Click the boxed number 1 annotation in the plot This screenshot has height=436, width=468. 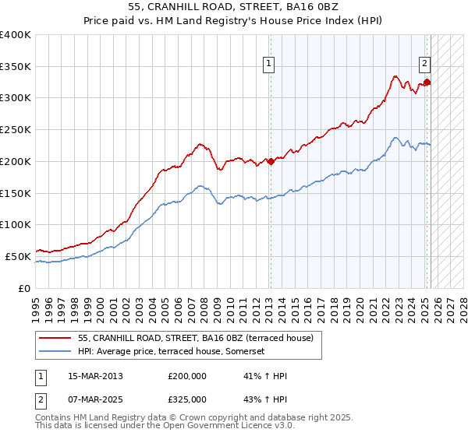pos(268,65)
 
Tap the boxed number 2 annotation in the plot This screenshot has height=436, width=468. pos(425,65)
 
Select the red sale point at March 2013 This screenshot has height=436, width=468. pos(271,161)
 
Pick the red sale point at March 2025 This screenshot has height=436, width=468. pos(427,82)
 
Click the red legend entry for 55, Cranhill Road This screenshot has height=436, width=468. pos(195,338)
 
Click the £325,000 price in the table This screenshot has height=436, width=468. pos(187,399)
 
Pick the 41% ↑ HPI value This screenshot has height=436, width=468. pos(266,376)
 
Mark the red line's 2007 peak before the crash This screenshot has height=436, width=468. pos(200,144)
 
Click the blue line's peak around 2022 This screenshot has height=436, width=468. pos(396,138)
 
